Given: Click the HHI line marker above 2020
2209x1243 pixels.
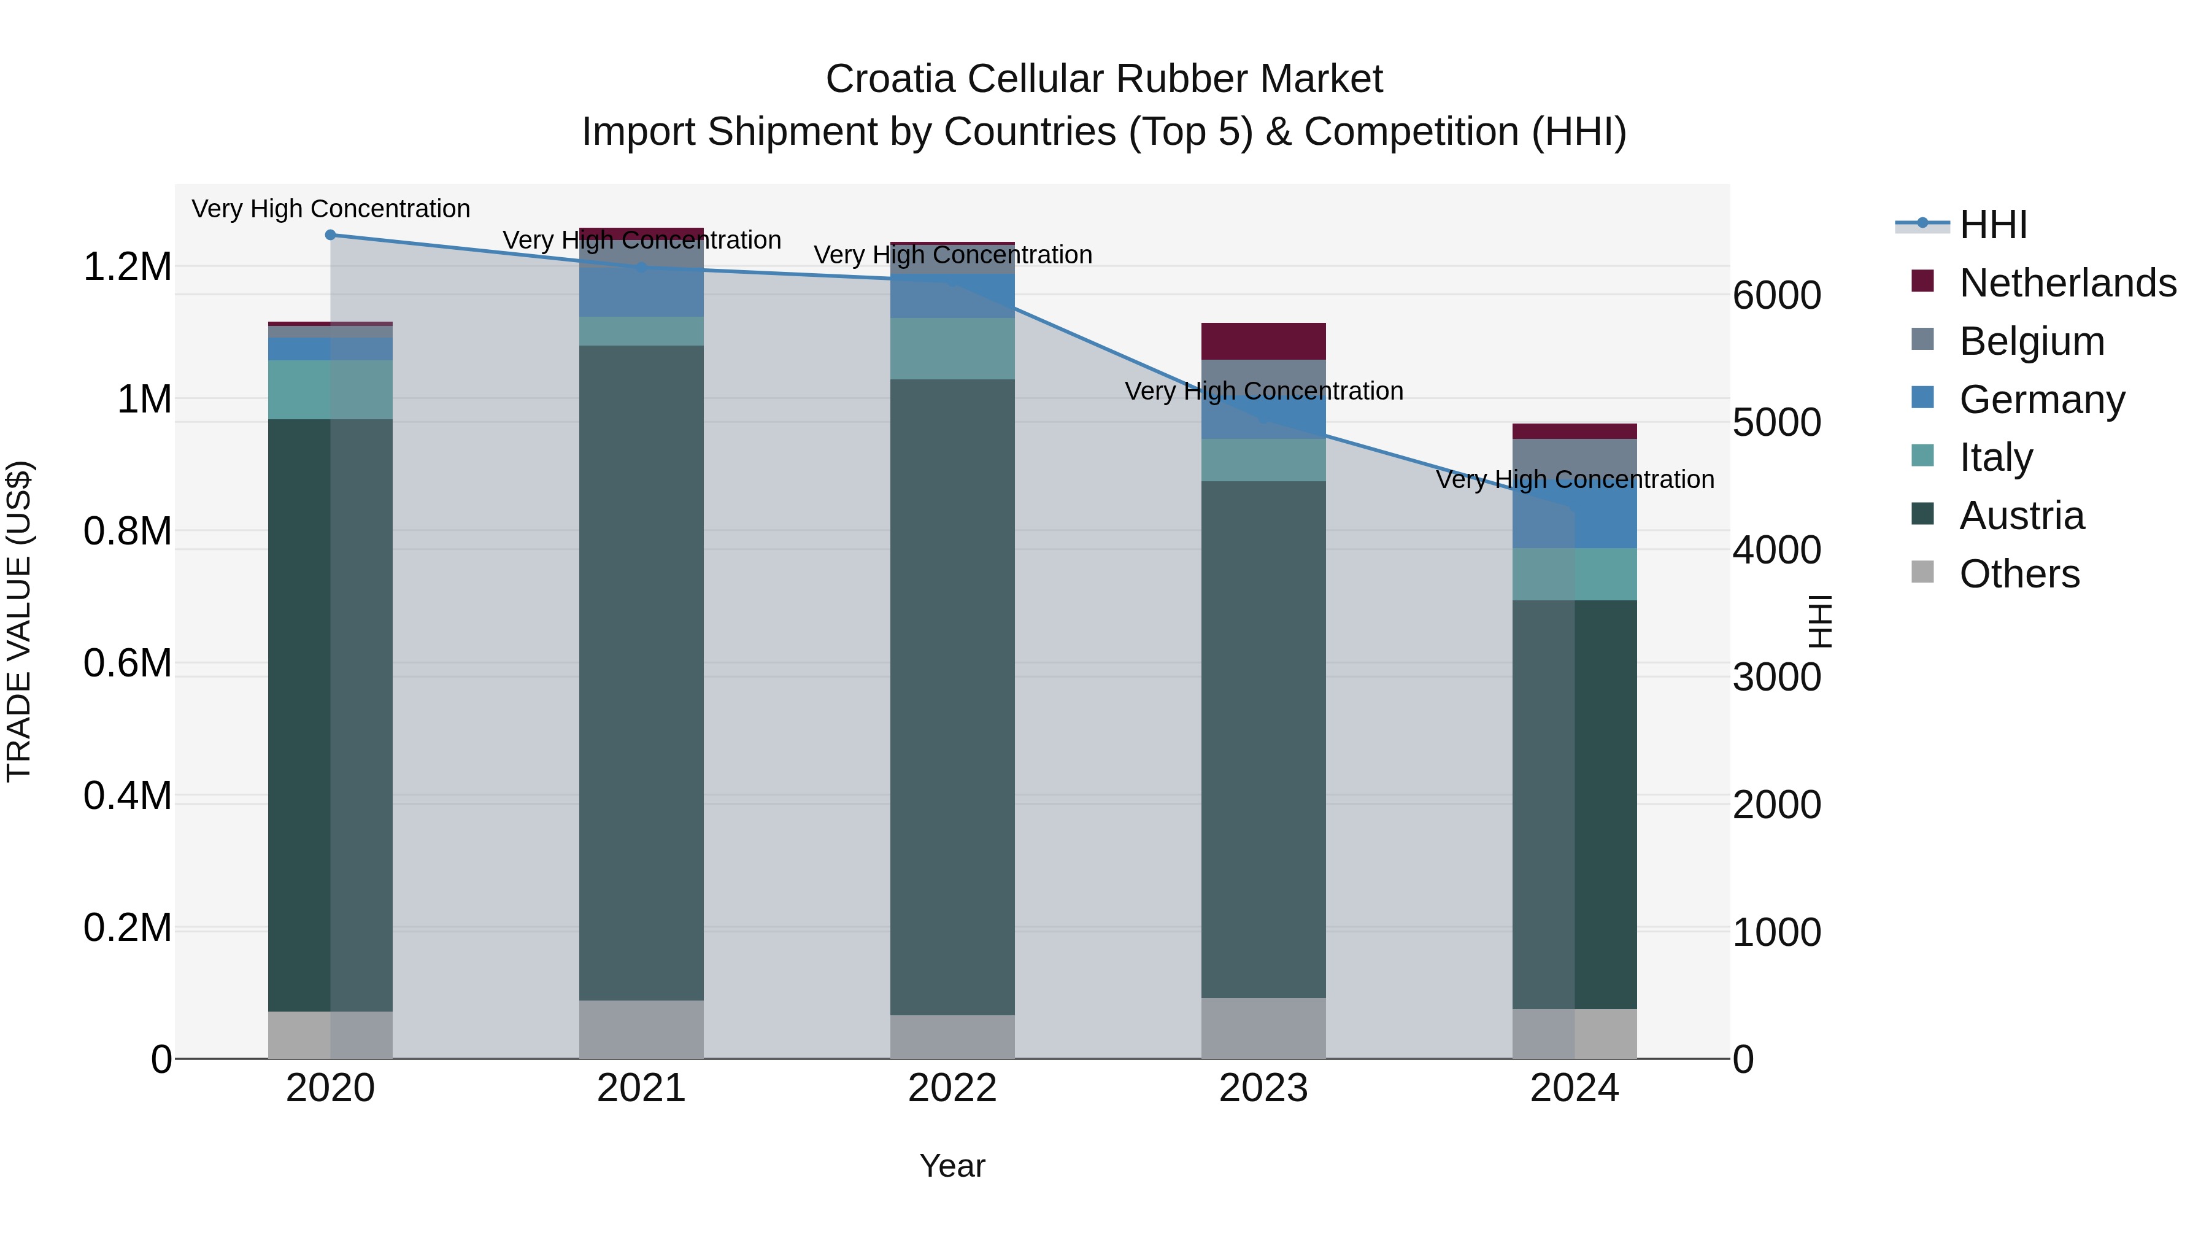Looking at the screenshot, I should pos(330,235).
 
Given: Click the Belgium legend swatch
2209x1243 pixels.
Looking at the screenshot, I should pos(1924,341).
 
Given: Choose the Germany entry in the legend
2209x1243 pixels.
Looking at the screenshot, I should pos(2041,400).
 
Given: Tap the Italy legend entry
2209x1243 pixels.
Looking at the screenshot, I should pos(1995,457).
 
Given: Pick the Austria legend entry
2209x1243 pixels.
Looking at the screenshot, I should pos(2021,516).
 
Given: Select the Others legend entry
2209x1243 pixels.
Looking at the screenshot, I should pos(2019,574).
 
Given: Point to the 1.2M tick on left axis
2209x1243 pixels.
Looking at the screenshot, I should pos(127,267).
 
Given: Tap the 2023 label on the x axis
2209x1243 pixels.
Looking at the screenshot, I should pos(1263,1088).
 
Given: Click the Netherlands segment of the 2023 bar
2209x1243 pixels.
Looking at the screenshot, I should pos(1263,341).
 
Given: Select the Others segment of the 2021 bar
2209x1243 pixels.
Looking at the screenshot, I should pos(641,1029).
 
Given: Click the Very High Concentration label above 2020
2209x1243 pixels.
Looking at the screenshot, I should pos(330,209).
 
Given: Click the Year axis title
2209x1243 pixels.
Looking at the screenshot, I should pos(952,1166).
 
